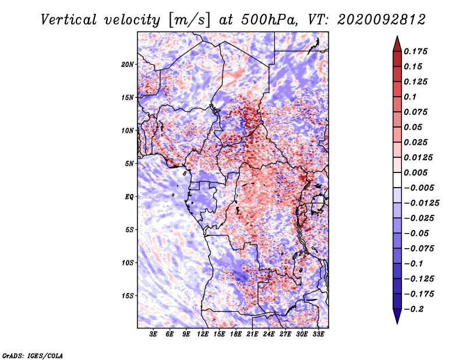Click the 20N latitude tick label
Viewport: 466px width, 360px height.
pyautogui.click(x=128, y=65)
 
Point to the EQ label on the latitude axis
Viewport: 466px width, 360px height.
pyautogui.click(x=129, y=197)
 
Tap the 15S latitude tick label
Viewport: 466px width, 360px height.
pyautogui.click(x=128, y=296)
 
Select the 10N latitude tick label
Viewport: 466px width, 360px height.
pyautogui.click(x=128, y=130)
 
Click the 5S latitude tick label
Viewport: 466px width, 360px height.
pyautogui.click(x=129, y=230)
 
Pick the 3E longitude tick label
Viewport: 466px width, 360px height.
pyautogui.click(x=153, y=334)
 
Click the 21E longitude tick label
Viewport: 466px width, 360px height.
pyautogui.click(x=252, y=334)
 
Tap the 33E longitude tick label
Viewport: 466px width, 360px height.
pyautogui.click(x=318, y=334)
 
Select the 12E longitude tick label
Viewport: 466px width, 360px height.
pyautogui.click(x=203, y=334)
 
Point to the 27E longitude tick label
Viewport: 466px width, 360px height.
pyautogui.click(x=285, y=334)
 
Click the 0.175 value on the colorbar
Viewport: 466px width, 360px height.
pyautogui.click(x=415, y=51)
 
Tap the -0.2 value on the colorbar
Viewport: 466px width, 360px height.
pyautogui.click(x=414, y=309)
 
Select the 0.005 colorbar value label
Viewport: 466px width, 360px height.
pyautogui.click(x=415, y=172)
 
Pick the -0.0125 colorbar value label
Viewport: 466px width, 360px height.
pyautogui.click(x=421, y=203)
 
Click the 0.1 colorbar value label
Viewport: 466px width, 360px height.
pyautogui.click(x=410, y=97)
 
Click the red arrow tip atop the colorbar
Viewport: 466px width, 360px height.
pyautogui.click(x=397, y=36)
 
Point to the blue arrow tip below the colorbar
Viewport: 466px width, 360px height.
pyautogui.click(x=397, y=323)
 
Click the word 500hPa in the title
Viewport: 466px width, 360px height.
pyautogui.click(x=268, y=20)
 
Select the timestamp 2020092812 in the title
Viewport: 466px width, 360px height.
pyautogui.click(x=382, y=20)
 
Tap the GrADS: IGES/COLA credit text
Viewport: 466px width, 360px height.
pyautogui.click(x=33, y=355)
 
